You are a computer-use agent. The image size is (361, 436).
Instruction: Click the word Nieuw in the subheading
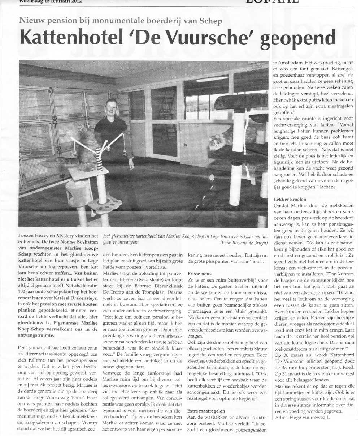click(x=32, y=21)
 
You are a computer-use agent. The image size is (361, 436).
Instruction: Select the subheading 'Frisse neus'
click(x=200, y=274)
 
